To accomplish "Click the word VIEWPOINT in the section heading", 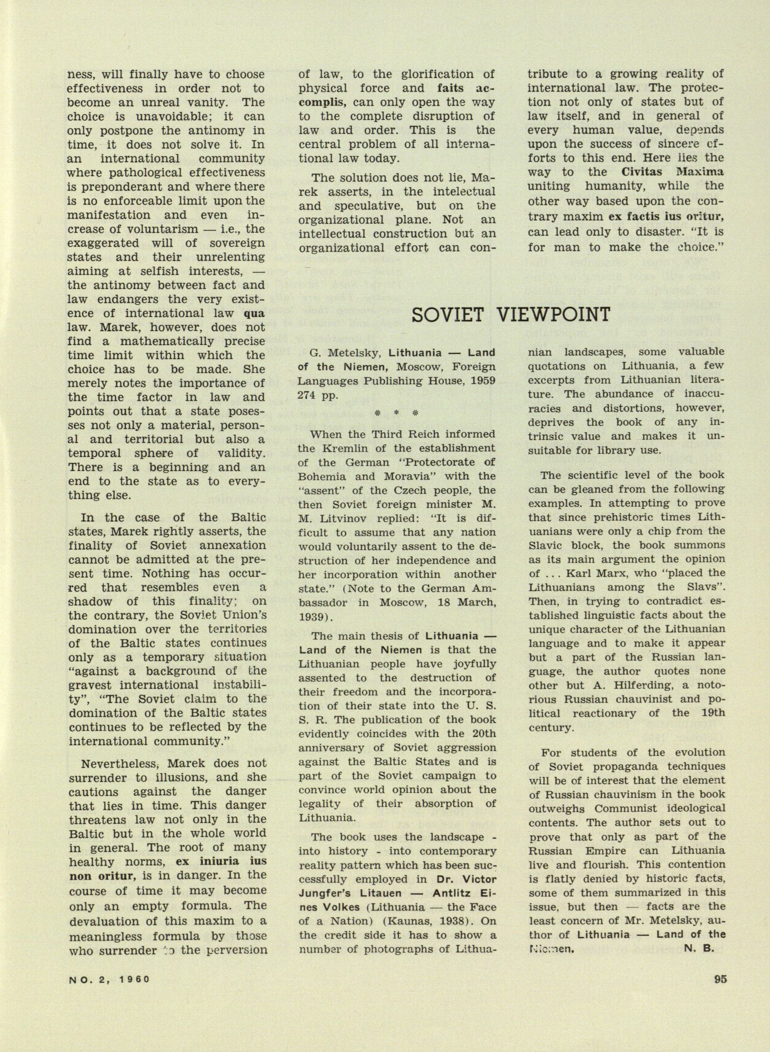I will tap(552, 315).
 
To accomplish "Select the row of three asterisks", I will tap(396, 413).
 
